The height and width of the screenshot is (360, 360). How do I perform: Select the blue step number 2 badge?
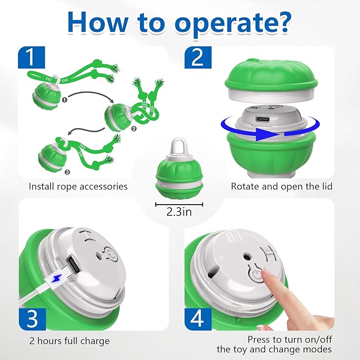(x=197, y=57)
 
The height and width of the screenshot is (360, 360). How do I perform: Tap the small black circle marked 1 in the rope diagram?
(x=65, y=98)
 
